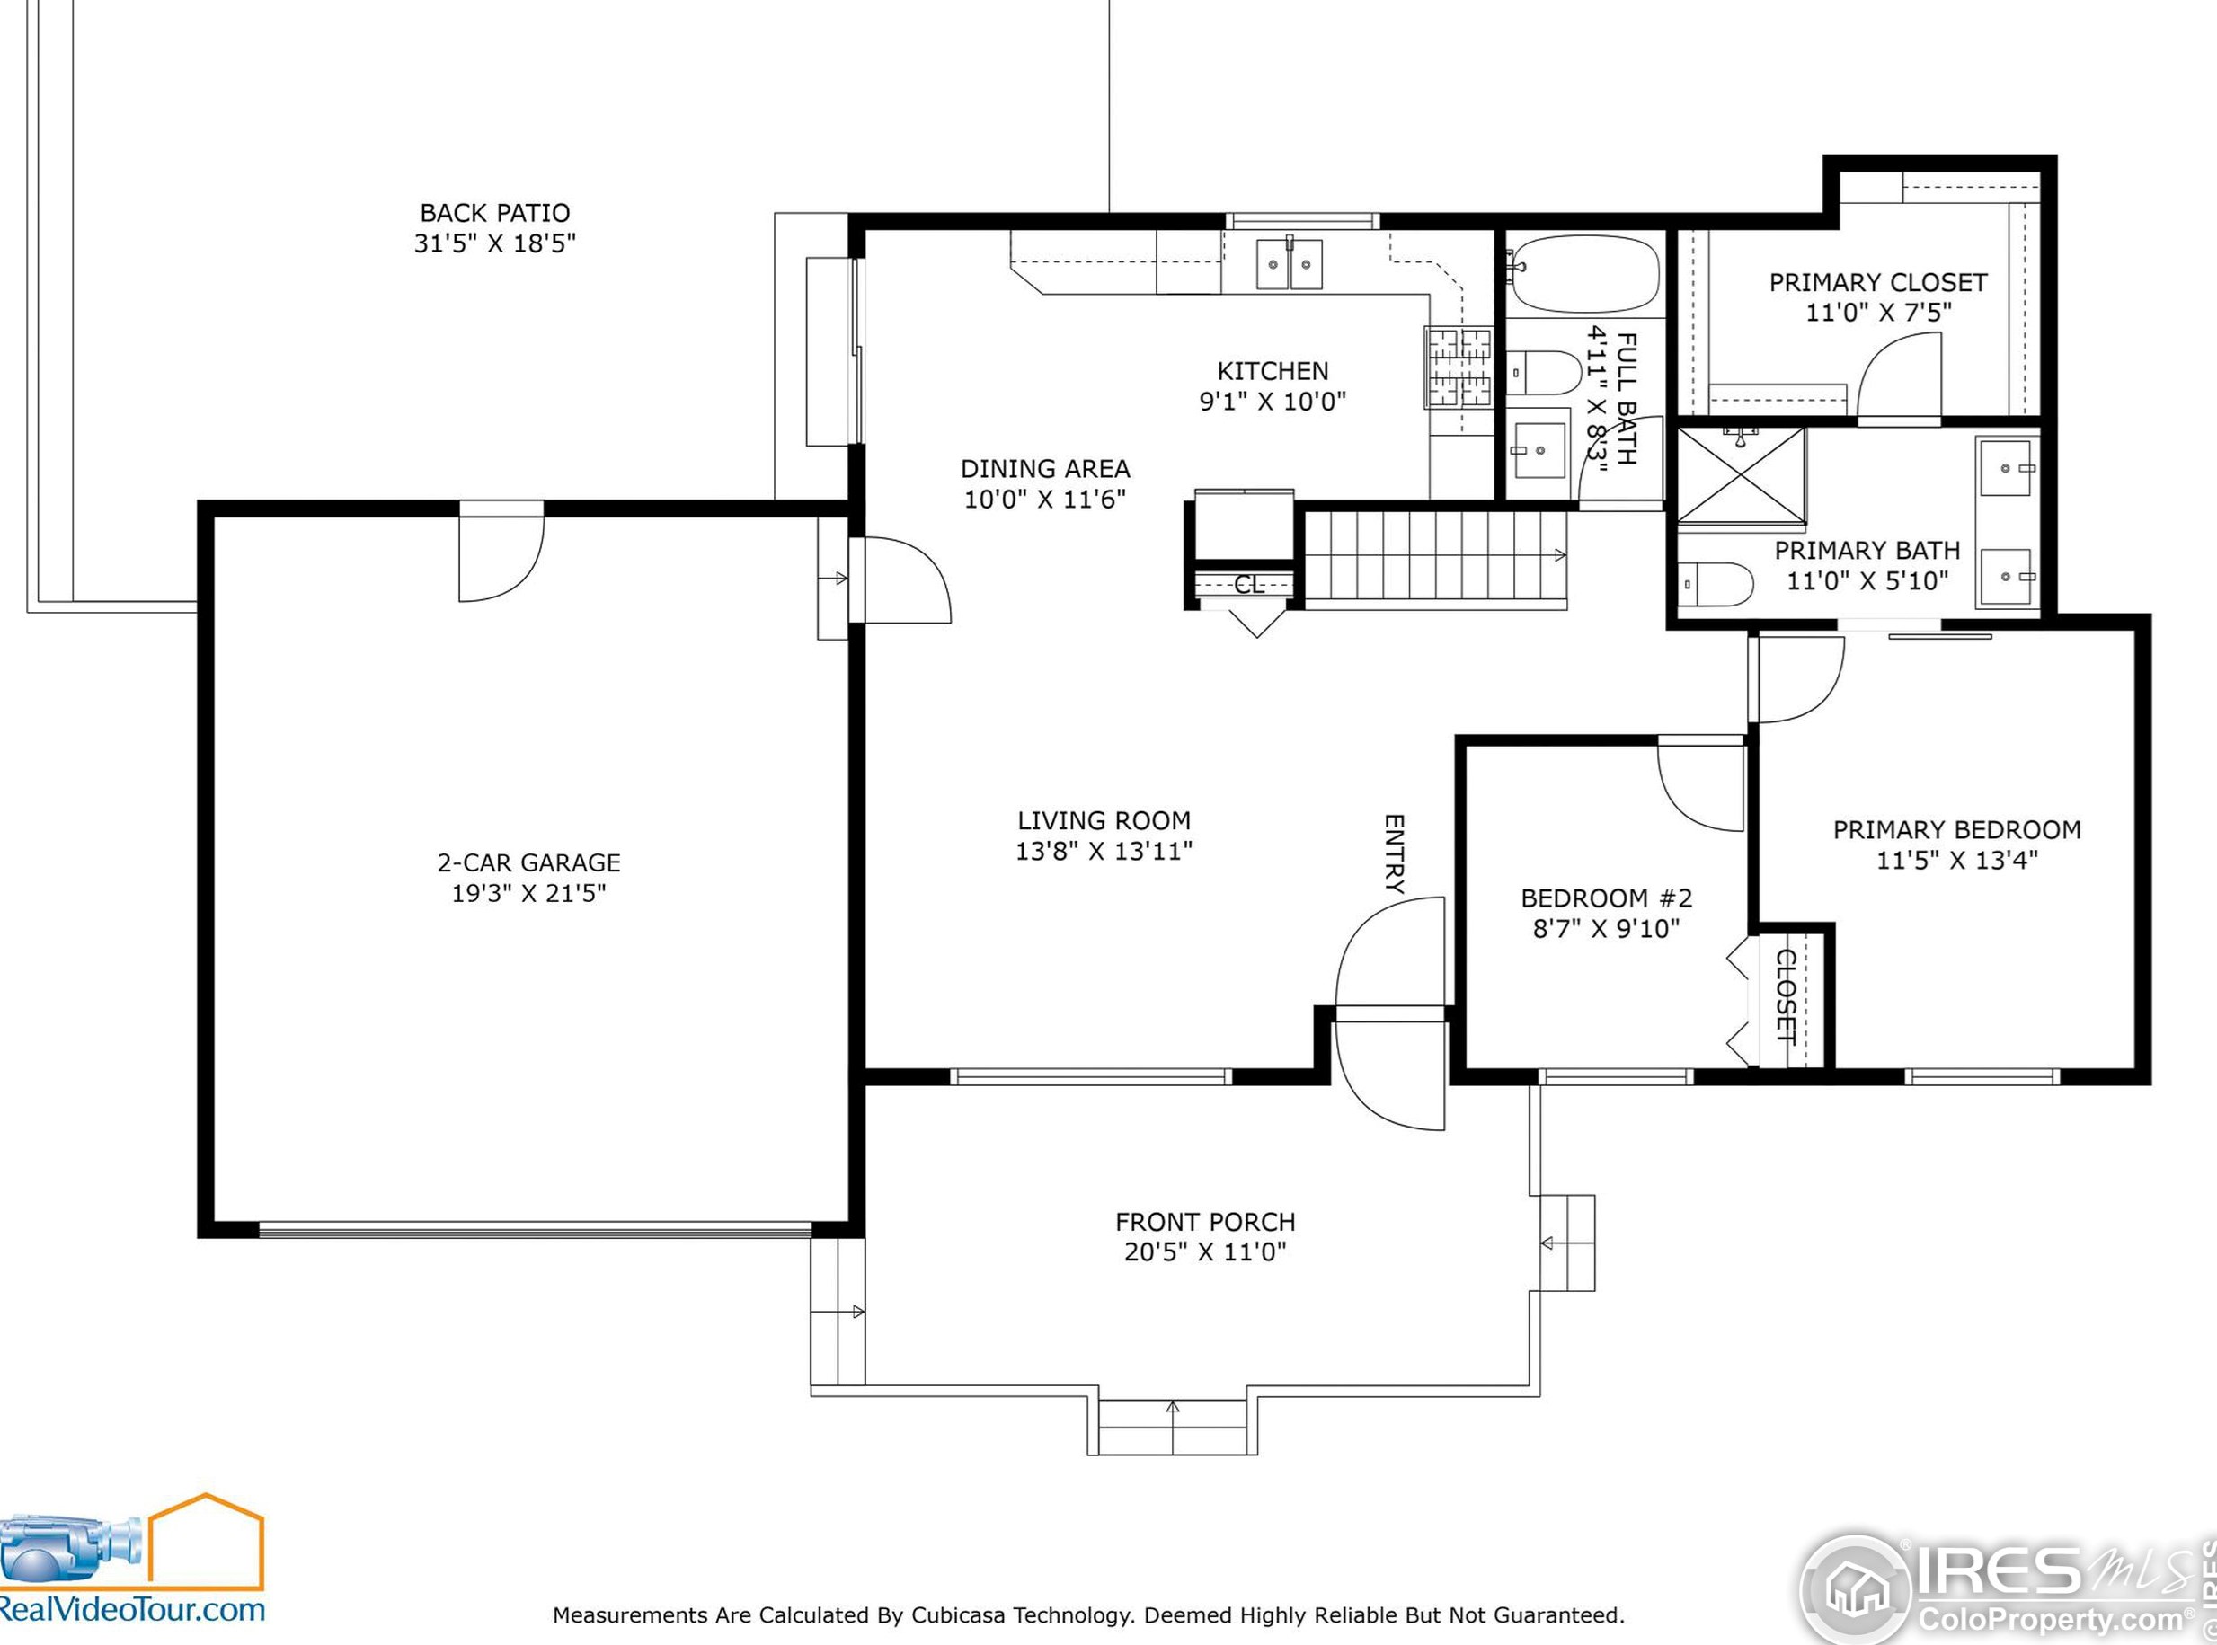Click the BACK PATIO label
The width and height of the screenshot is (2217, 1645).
click(x=495, y=213)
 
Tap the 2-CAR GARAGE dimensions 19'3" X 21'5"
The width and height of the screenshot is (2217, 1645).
click(x=528, y=893)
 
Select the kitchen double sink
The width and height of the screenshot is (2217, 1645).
click(x=1289, y=264)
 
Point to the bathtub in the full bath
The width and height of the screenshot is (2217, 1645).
click(x=1584, y=274)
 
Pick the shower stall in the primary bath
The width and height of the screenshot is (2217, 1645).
click(x=1741, y=475)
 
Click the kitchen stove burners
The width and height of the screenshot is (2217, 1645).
click(x=1459, y=367)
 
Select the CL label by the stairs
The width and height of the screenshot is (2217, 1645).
click(x=1249, y=586)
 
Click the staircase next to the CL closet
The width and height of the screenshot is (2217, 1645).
click(x=1435, y=555)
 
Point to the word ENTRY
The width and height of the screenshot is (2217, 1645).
click(x=1395, y=853)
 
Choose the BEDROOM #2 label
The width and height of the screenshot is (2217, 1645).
click(x=1607, y=898)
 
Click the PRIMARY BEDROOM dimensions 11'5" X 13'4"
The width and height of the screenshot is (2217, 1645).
click(x=1957, y=861)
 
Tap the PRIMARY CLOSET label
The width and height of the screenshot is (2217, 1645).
click(x=1878, y=283)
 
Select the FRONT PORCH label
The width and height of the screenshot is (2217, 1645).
click(x=1205, y=1222)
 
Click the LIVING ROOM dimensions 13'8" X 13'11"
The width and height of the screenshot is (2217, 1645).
click(x=1104, y=852)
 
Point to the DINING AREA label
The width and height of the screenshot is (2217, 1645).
click(x=1045, y=469)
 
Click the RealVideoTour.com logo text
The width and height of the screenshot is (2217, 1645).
click(x=130, y=1609)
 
